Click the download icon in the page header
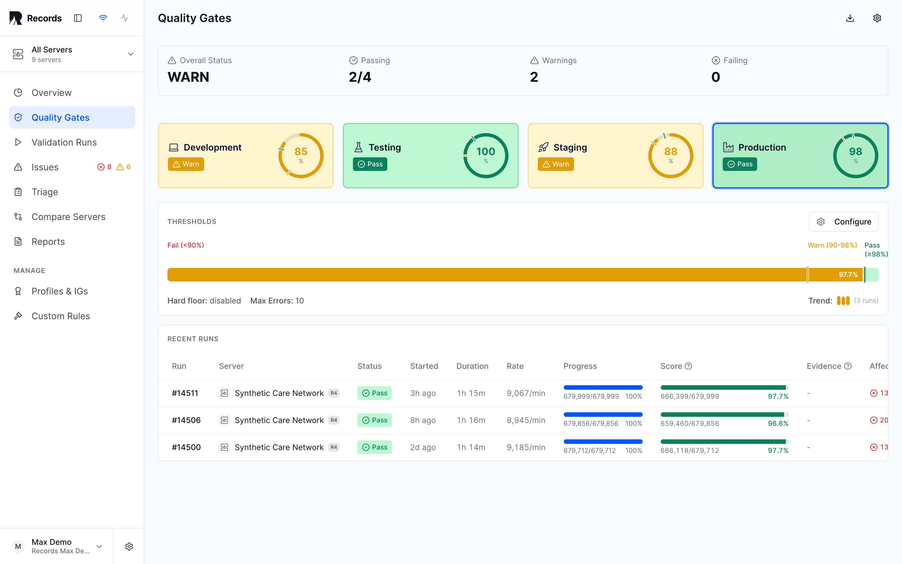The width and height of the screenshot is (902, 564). [x=850, y=18]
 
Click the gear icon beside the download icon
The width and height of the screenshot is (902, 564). [x=877, y=18]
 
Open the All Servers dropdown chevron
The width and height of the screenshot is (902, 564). [x=131, y=54]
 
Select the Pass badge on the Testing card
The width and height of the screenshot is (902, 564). [x=370, y=164]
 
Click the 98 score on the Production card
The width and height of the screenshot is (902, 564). [x=855, y=151]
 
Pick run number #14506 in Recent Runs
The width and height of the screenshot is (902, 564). [x=186, y=420]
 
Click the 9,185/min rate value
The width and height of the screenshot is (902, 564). [x=525, y=447]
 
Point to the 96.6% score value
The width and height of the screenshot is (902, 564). [x=778, y=423]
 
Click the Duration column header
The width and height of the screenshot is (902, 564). [x=472, y=366]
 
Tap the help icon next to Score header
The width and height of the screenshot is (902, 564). [x=688, y=366]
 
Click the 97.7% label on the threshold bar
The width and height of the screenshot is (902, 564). [x=848, y=275]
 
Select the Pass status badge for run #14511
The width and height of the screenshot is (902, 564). [x=374, y=393]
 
